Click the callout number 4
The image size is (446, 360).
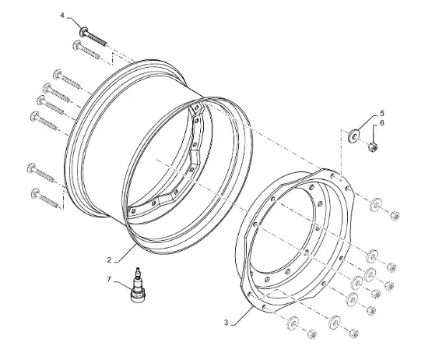coord(62,15)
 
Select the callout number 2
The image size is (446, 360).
coord(109,260)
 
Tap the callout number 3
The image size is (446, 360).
coord(227,323)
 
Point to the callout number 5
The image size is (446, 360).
coord(382,114)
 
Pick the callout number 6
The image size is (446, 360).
coord(381,123)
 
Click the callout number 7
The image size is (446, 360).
coord(109,280)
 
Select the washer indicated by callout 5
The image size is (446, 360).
coord(353,136)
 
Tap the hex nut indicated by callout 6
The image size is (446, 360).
coord(373,147)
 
